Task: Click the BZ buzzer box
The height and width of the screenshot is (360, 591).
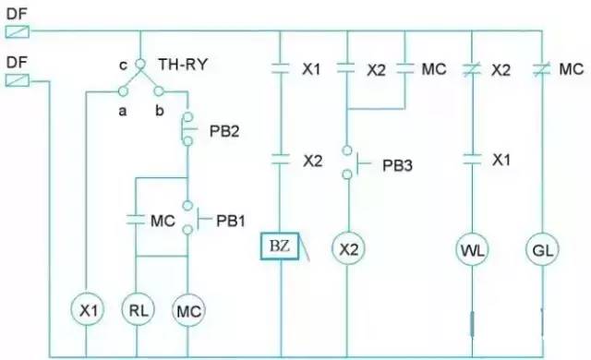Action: point(279,248)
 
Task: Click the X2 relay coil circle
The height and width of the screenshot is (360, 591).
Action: point(347,248)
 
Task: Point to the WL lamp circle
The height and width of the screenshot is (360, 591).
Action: point(473,248)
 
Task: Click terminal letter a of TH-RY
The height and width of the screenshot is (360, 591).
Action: point(120,110)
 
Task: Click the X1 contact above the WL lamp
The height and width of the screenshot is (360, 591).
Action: point(473,159)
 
